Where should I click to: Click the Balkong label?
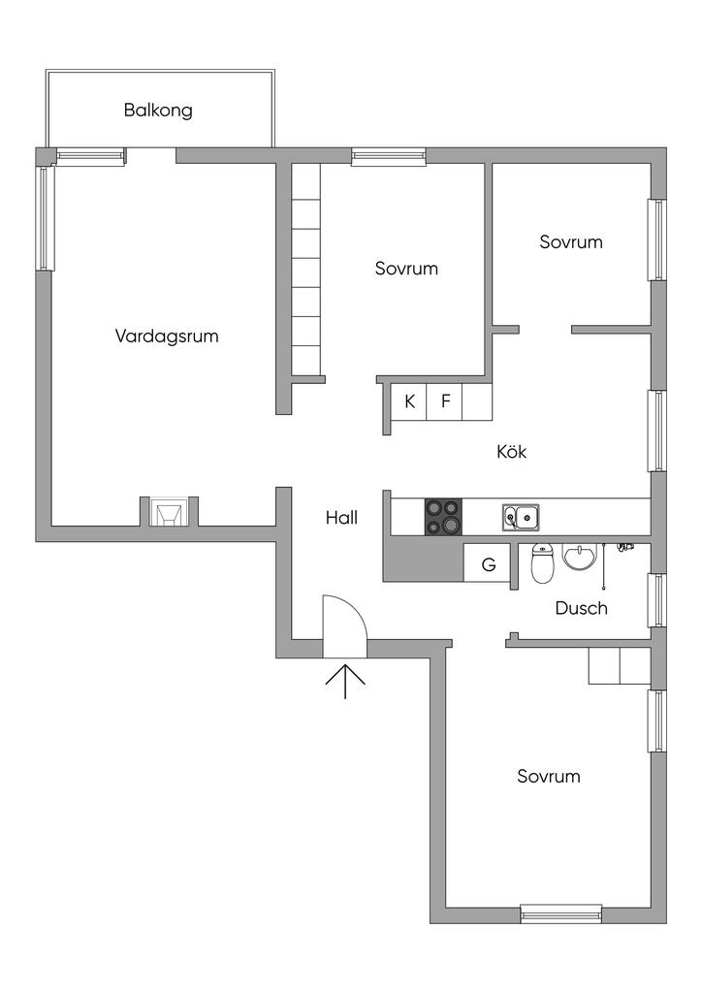158,110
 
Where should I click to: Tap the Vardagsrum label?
167,336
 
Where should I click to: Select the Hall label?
341,518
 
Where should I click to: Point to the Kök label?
511,452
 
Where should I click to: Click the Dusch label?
581,608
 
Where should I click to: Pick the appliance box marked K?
410,401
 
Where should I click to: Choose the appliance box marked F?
445,401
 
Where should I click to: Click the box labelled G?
489,563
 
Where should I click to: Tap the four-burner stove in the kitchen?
443,516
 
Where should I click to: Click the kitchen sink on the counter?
521,518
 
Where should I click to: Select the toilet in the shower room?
543,563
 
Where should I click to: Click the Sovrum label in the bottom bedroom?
548,776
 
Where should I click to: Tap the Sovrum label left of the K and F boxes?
406,269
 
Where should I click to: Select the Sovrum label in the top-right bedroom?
571,241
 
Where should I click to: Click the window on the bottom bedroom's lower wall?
560,913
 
